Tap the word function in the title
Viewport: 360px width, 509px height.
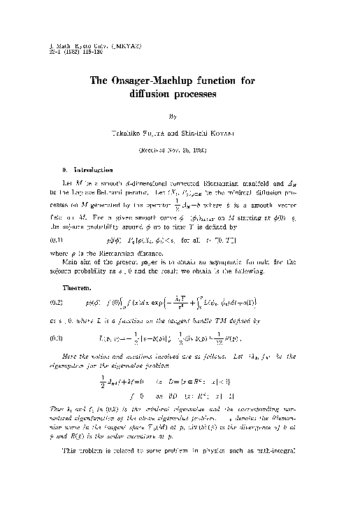point(231,80)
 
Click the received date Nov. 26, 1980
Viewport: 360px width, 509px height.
point(185,149)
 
